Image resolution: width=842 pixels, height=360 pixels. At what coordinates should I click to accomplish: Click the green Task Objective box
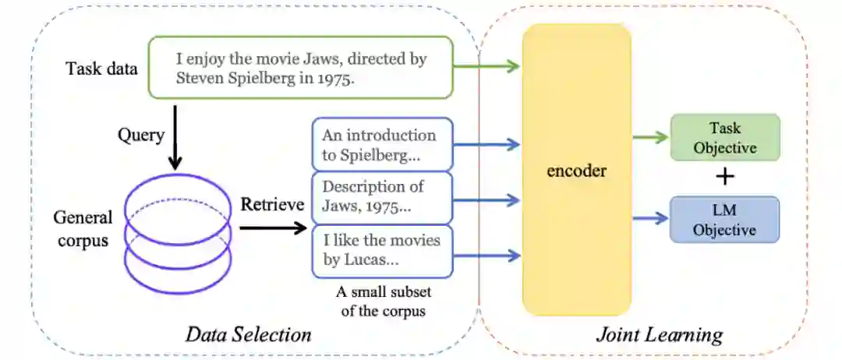[x=725, y=138]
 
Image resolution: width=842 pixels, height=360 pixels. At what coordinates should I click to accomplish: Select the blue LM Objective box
[x=725, y=219]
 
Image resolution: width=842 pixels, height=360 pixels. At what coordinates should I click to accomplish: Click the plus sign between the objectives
[x=725, y=178]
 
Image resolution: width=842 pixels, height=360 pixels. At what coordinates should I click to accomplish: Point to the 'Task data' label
[x=102, y=69]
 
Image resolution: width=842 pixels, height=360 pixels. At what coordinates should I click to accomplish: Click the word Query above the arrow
[x=140, y=136]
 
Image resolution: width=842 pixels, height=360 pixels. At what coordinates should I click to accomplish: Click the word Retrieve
[x=271, y=205]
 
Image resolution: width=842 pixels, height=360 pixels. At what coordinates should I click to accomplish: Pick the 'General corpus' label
[x=83, y=228]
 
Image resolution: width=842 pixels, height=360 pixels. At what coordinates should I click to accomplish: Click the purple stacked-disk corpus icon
[x=178, y=231]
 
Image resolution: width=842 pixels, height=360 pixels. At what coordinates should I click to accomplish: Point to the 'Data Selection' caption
[x=248, y=335]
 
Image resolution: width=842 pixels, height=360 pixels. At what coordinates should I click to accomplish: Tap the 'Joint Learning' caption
[x=660, y=335]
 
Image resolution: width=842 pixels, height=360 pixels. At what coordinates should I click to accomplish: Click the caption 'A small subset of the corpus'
[x=383, y=302]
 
